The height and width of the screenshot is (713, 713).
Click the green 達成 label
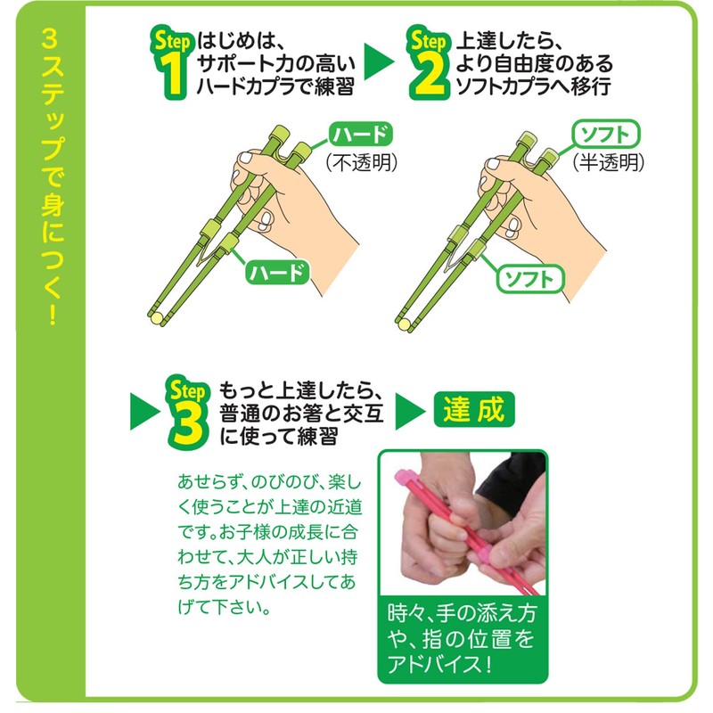473,408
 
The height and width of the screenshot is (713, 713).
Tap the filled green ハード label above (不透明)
360,135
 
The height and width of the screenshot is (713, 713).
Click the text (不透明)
360,162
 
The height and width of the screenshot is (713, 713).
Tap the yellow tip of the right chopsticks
406,318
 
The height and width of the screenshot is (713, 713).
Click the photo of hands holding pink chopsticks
463,525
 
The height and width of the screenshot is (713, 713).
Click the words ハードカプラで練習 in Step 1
280,87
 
